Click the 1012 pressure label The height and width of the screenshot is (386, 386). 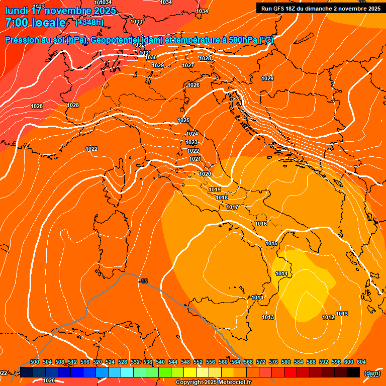point(328,317)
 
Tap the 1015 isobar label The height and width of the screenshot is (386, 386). point(271,243)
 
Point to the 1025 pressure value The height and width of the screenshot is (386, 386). point(183,120)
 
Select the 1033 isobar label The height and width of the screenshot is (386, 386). point(136,22)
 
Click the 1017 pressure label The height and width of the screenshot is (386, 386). point(232,207)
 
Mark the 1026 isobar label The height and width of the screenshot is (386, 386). point(194,85)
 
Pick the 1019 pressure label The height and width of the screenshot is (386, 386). point(215,189)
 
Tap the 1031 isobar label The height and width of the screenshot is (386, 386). point(145,53)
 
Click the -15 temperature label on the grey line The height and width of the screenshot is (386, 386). point(144,281)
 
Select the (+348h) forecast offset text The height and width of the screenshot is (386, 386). point(89,23)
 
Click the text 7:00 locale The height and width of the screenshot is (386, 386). point(35,23)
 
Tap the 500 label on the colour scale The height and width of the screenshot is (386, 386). point(35,362)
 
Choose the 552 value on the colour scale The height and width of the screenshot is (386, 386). point(198,362)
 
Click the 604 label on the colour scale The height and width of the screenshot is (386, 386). point(361,362)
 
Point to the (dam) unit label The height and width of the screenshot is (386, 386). point(372,373)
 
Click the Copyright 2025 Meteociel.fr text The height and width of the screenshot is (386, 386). point(213,382)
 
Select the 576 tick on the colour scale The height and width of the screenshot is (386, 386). point(273,362)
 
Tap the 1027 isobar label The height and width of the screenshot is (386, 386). point(188,65)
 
